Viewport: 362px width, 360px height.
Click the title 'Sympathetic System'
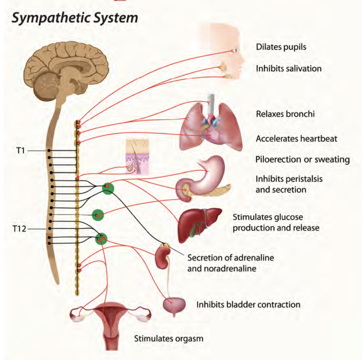(x=74, y=18)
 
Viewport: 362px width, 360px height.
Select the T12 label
(x=19, y=229)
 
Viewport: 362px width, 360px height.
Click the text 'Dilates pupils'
(x=281, y=47)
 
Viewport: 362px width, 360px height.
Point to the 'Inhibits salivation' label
(x=288, y=68)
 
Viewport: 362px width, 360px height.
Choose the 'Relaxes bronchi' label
(x=285, y=114)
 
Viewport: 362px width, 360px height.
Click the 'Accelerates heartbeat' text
(x=296, y=138)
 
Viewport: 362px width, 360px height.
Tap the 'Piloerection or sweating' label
(x=302, y=160)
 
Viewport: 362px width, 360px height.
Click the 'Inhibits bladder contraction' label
(x=248, y=304)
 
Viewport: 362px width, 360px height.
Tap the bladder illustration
(x=175, y=305)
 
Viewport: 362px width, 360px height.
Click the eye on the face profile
(x=236, y=51)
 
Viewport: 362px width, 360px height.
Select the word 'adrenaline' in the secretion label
(x=248, y=258)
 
